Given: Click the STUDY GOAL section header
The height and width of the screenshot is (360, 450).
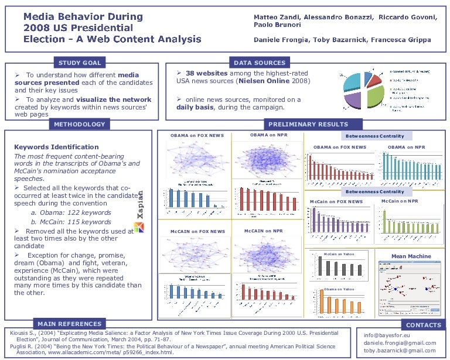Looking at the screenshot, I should click(80, 63).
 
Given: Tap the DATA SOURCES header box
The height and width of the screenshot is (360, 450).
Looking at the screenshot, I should click(259, 63).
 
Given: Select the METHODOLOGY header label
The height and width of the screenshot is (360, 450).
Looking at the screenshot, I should click(80, 124).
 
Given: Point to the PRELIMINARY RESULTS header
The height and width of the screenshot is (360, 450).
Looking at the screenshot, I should click(300, 124).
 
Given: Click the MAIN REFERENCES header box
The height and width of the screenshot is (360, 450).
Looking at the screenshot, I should click(69, 324).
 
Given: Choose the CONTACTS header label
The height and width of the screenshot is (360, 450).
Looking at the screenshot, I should click(423, 325).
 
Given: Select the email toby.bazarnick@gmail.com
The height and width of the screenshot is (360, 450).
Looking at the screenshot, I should click(400, 351).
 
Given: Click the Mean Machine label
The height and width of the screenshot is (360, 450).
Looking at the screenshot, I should click(411, 256).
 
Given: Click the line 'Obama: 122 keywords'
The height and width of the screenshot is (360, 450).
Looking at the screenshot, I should click(71, 213).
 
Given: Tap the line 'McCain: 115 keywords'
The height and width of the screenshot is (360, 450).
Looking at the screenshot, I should click(71, 222).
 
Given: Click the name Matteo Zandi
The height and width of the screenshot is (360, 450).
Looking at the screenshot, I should click(274, 17).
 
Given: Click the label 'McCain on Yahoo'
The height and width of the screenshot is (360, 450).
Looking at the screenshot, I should click(339, 254).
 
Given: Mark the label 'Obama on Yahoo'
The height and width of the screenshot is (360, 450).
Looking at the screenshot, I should click(339, 289).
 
